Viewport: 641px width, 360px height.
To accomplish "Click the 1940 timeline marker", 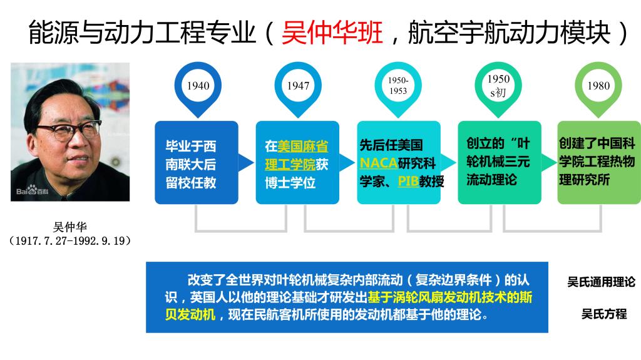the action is click(x=198, y=88).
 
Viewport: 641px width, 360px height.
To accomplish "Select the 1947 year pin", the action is click(x=298, y=88).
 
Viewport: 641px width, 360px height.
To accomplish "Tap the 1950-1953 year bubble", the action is click(x=397, y=88).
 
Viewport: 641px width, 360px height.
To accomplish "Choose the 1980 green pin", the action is click(x=598, y=88).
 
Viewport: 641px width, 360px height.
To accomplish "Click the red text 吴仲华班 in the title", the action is click(x=332, y=33).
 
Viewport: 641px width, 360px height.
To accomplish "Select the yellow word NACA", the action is click(x=379, y=163).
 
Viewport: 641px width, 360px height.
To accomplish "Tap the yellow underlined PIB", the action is click(x=408, y=181).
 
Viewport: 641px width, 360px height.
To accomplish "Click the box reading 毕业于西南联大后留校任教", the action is click(x=196, y=162).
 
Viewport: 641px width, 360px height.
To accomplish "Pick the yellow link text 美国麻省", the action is click(x=303, y=146).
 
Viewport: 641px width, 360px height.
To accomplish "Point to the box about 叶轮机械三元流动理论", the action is click(x=499, y=162).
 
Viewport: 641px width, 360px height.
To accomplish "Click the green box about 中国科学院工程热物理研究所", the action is click(x=599, y=162).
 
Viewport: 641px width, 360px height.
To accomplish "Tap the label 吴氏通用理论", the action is click(x=601, y=282).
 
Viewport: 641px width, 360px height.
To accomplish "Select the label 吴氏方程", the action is click(x=604, y=314).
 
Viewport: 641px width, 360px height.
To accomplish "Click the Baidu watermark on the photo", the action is click(x=33, y=190).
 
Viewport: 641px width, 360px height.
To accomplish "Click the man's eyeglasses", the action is click(x=71, y=131).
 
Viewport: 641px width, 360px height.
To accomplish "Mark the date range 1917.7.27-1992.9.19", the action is click(x=70, y=240).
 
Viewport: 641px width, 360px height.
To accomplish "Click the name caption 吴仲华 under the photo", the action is click(x=70, y=227).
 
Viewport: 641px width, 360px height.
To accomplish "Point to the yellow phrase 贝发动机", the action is click(x=190, y=314).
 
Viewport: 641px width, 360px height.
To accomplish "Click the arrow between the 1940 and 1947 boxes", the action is click(x=246, y=162).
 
